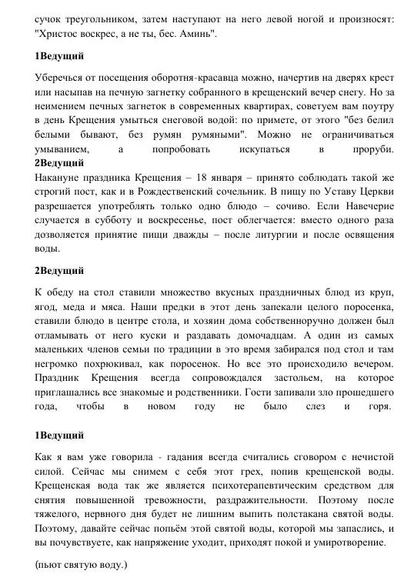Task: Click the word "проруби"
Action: tap(372, 149)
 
